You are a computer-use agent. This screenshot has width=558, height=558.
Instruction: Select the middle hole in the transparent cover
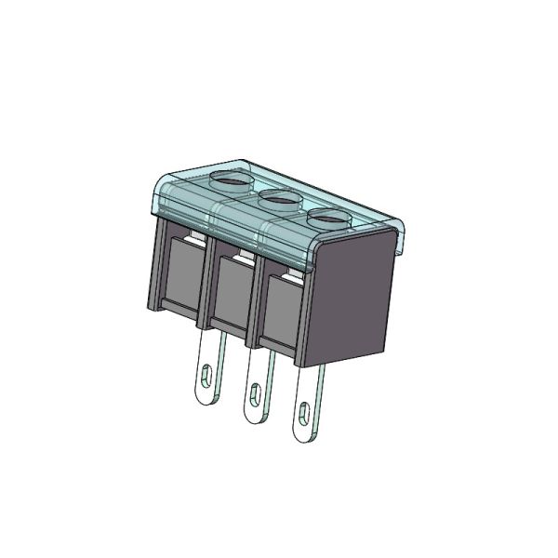click(277, 198)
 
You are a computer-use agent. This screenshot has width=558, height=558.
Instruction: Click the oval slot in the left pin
click(206, 377)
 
